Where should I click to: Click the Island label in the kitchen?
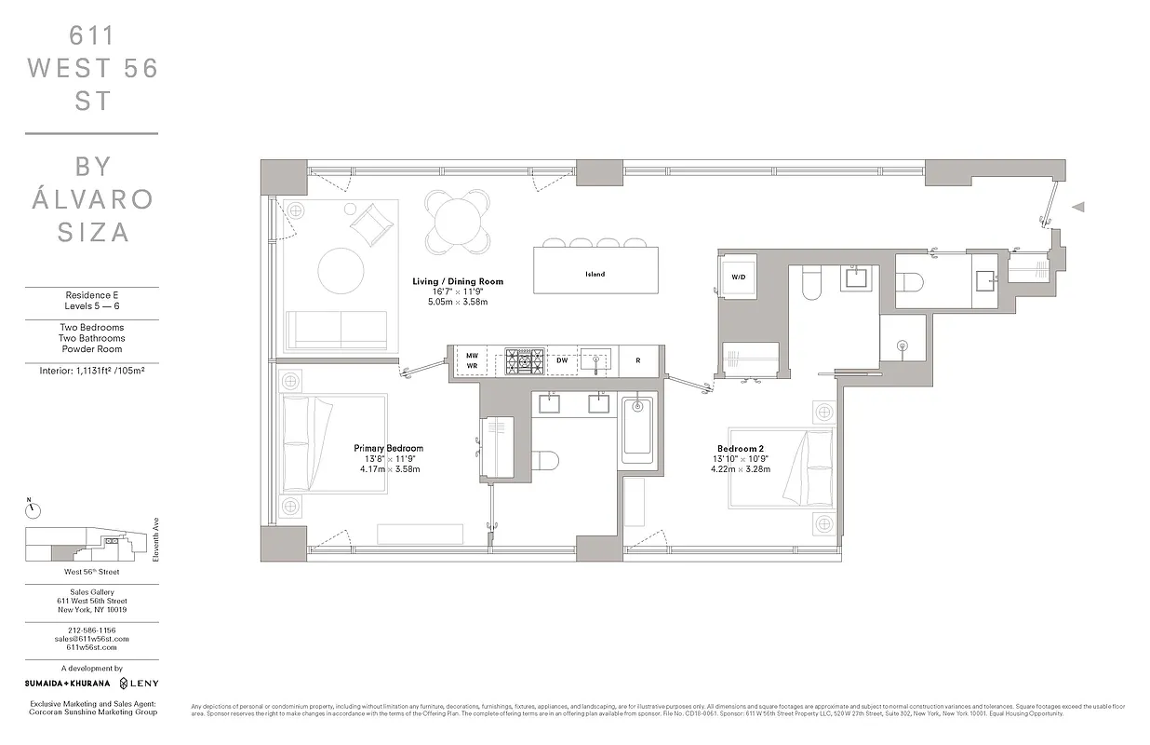pyautogui.click(x=595, y=274)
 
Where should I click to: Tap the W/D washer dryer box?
pyautogui.click(x=740, y=277)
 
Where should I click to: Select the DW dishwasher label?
pyautogui.click(x=562, y=359)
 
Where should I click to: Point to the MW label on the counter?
pyautogui.click(x=472, y=355)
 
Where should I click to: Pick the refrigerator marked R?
pyautogui.click(x=637, y=360)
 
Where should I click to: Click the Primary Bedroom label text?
pyautogui.click(x=388, y=448)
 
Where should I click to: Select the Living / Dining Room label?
pyautogui.click(x=457, y=281)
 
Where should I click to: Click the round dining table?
pyautogui.click(x=457, y=221)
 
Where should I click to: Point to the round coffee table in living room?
pyautogui.click(x=341, y=270)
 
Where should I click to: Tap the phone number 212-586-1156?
pyautogui.click(x=91, y=630)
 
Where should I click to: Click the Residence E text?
pyautogui.click(x=91, y=294)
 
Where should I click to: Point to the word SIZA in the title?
pyautogui.click(x=93, y=232)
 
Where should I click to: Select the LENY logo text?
pyautogui.click(x=140, y=684)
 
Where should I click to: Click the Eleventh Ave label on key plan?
pyautogui.click(x=156, y=541)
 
